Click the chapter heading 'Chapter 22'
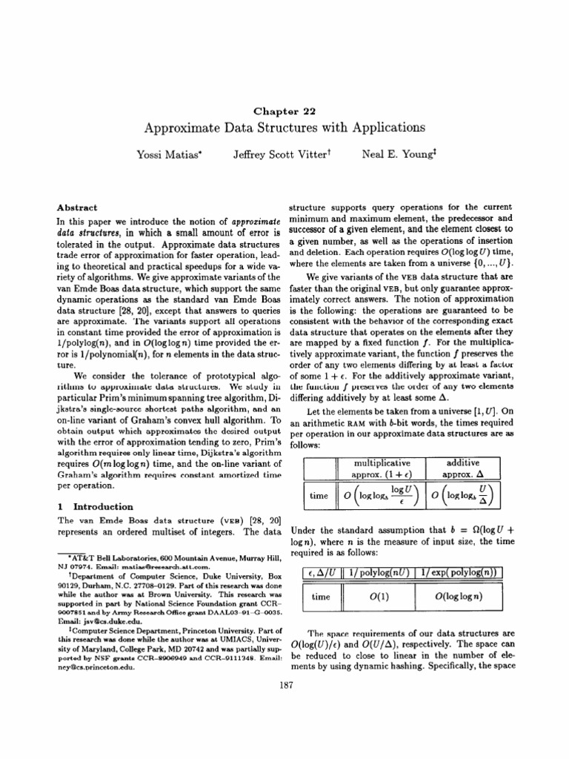(284, 111)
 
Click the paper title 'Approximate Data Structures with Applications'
(284, 127)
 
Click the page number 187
(284, 726)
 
